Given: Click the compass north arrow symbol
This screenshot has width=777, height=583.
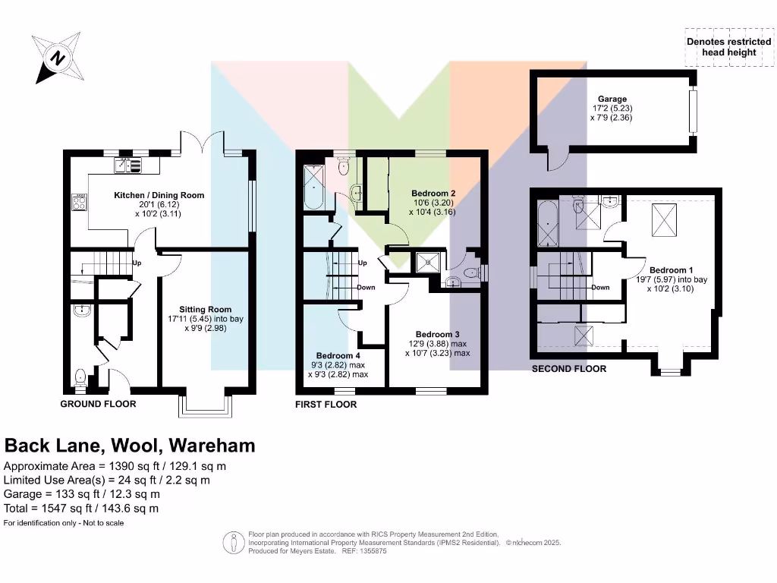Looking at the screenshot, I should (58, 58).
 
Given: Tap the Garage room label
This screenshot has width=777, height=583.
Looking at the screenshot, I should (612, 99).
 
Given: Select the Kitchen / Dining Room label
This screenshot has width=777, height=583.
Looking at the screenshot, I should (159, 195).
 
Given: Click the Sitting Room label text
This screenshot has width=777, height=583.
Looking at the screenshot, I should (205, 309).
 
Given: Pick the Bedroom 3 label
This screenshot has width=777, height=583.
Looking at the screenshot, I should (438, 334).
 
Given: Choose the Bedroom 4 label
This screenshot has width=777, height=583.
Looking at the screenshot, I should (338, 355).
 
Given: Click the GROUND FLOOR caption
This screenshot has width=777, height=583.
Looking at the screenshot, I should (98, 404).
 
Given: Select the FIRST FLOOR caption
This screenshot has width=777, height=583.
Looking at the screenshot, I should (326, 405).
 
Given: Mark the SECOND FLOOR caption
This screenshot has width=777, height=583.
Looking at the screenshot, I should (568, 369).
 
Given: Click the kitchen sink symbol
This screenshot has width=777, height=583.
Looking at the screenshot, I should (128, 164).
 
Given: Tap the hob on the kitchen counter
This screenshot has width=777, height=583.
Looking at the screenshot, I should (78, 202).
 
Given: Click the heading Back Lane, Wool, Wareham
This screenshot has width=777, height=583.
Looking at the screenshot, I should (130, 446).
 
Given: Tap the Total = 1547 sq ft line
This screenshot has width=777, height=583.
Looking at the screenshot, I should (81, 508).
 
